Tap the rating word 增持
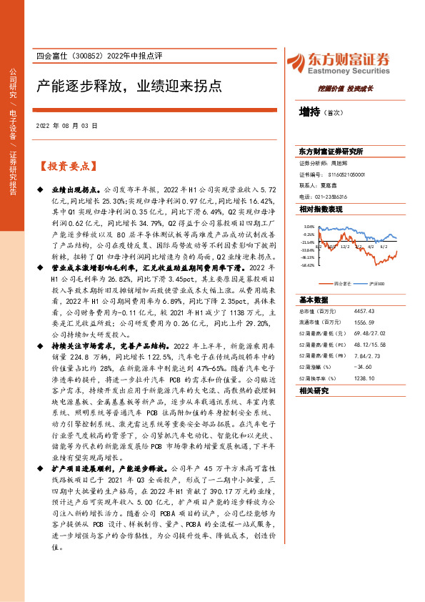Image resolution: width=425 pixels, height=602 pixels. coord(309,112)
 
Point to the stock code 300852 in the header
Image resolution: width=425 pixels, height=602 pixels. coord(85,58)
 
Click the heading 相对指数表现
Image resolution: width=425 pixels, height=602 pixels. coord(321,209)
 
